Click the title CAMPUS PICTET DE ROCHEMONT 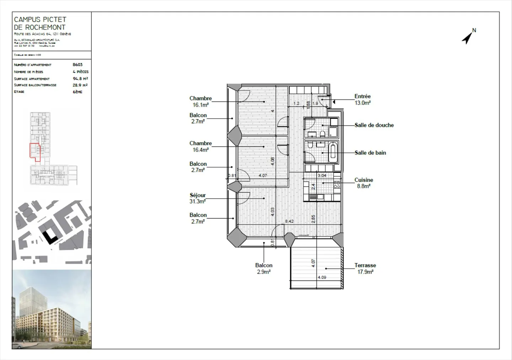pyautogui.click(x=40, y=23)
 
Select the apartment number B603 pyautogui.click(x=78, y=65)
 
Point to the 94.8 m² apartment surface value pyautogui.click(x=80, y=79)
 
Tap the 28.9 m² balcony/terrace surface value pyautogui.click(x=80, y=85)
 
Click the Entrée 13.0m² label pyautogui.click(x=362, y=100)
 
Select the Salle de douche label pyautogui.click(x=374, y=125)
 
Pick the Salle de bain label pyautogui.click(x=370, y=153)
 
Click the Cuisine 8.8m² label pyautogui.click(x=364, y=183)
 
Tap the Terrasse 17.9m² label pyautogui.click(x=365, y=269)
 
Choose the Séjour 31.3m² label pyautogui.click(x=198, y=198)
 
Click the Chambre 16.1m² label pyautogui.click(x=201, y=102)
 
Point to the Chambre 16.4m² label pyautogui.click(x=201, y=146)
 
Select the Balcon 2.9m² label pyautogui.click(x=264, y=269)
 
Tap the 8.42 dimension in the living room pyautogui.click(x=289, y=221)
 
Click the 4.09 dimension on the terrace pyautogui.click(x=322, y=278)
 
